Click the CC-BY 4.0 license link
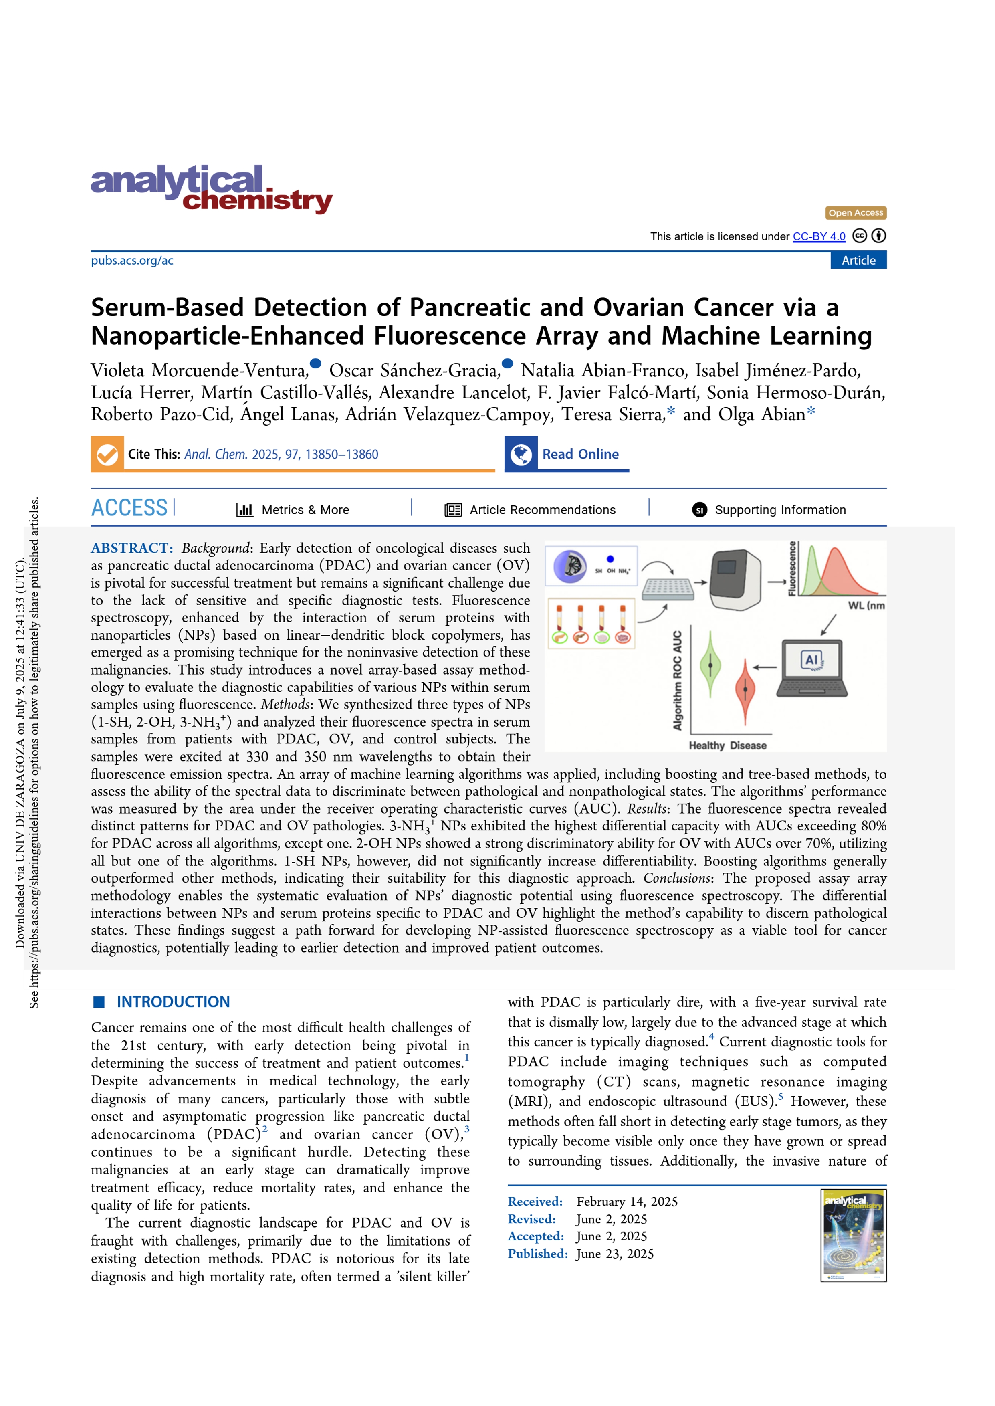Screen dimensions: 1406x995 819,236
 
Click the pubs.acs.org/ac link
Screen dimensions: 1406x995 132,261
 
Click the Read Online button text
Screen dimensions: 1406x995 580,454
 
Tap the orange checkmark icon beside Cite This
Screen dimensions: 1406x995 107,454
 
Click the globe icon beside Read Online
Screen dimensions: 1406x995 521,454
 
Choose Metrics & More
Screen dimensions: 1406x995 305,510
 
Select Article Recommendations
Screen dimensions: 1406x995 542,510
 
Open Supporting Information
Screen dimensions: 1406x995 780,510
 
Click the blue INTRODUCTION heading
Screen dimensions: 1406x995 174,1002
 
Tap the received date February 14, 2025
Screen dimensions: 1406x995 627,1201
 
